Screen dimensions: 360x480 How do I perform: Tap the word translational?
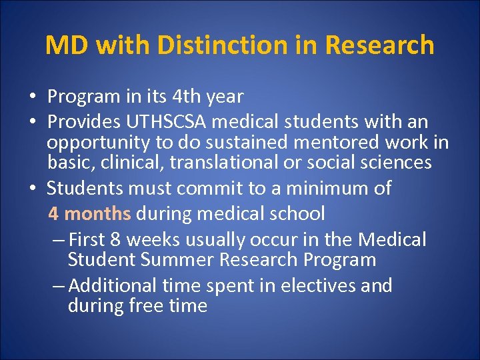[241, 162]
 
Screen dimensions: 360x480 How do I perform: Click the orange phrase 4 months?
[89, 214]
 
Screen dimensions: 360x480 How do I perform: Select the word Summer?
[179, 259]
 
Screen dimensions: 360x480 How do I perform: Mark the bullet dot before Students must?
[33, 189]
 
